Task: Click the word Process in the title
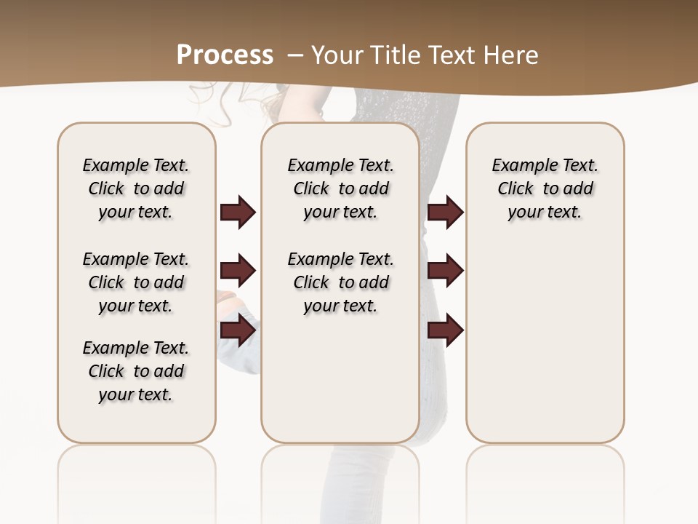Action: click(225, 55)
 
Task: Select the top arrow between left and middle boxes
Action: click(238, 212)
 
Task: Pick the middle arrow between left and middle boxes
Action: click(238, 271)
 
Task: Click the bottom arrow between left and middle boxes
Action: click(238, 330)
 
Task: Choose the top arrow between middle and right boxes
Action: click(445, 212)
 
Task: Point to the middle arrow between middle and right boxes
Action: click(445, 271)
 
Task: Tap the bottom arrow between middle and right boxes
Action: click(445, 330)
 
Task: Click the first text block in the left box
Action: click(136, 188)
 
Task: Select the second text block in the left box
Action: click(136, 282)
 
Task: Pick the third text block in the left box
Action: click(136, 371)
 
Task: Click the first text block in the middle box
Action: click(340, 188)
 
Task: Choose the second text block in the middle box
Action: click(340, 282)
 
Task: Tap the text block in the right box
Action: click(545, 188)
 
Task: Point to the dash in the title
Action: click(295, 55)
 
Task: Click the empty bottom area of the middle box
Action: click(340, 386)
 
